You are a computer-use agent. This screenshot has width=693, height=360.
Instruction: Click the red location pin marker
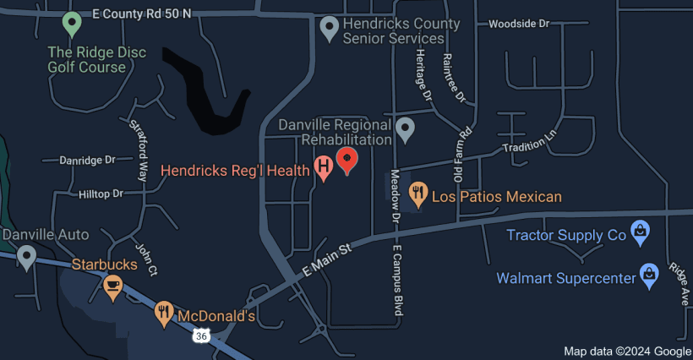(346, 158)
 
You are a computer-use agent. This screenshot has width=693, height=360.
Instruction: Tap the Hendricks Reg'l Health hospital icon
(323, 167)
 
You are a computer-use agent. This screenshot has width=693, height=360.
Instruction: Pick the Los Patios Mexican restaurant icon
(417, 194)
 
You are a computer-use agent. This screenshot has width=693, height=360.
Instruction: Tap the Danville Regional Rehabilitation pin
(406, 128)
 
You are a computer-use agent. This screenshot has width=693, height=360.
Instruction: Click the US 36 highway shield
(200, 336)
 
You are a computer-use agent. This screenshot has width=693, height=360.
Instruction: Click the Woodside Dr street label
(519, 24)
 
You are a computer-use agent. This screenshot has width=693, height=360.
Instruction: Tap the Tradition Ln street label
(531, 142)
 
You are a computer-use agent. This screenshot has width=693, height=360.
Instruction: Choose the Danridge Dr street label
(87, 160)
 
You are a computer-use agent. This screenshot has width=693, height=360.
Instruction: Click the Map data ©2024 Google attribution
(627, 351)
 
